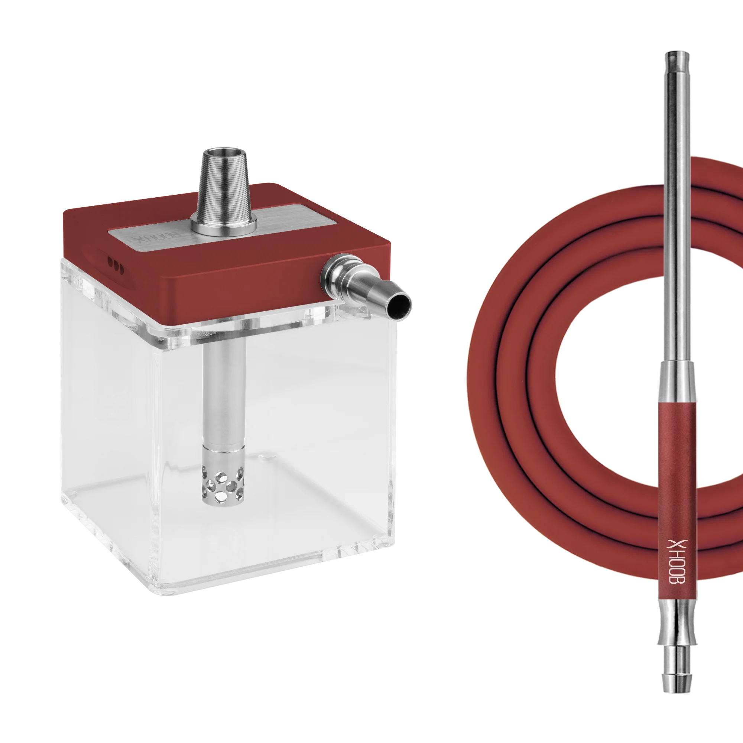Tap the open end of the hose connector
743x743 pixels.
tap(399, 305)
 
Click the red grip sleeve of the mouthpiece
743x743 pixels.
tap(677, 500)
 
